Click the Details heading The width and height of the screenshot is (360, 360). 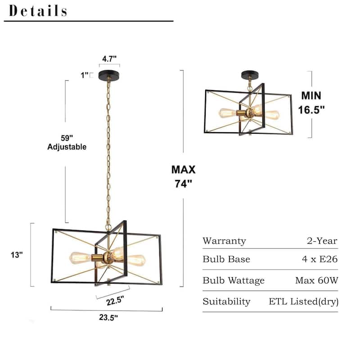[38, 11]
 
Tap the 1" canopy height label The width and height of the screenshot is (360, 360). [85, 76]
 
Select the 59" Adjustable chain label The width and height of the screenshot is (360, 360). [67, 143]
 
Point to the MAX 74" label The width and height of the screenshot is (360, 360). [183, 176]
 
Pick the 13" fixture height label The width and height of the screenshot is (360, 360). [17, 255]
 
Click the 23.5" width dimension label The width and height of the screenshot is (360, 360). [108, 317]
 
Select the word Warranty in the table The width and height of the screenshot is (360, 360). [224, 241]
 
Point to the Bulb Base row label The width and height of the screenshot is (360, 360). [226, 260]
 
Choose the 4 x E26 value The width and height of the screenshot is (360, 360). [320, 260]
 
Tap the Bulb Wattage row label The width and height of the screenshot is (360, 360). [234, 280]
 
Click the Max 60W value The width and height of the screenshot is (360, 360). [316, 280]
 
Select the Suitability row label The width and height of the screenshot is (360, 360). [226, 301]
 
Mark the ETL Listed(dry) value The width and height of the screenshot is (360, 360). [304, 301]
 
